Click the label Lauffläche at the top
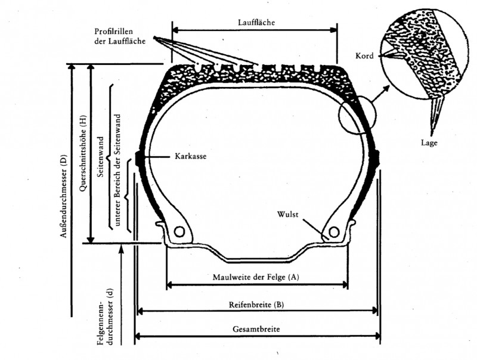click(x=255, y=22)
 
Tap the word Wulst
click(x=287, y=213)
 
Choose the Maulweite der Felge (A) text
click(x=256, y=278)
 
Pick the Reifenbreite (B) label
click(x=256, y=305)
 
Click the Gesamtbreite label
click(x=257, y=328)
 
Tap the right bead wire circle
click(x=334, y=231)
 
